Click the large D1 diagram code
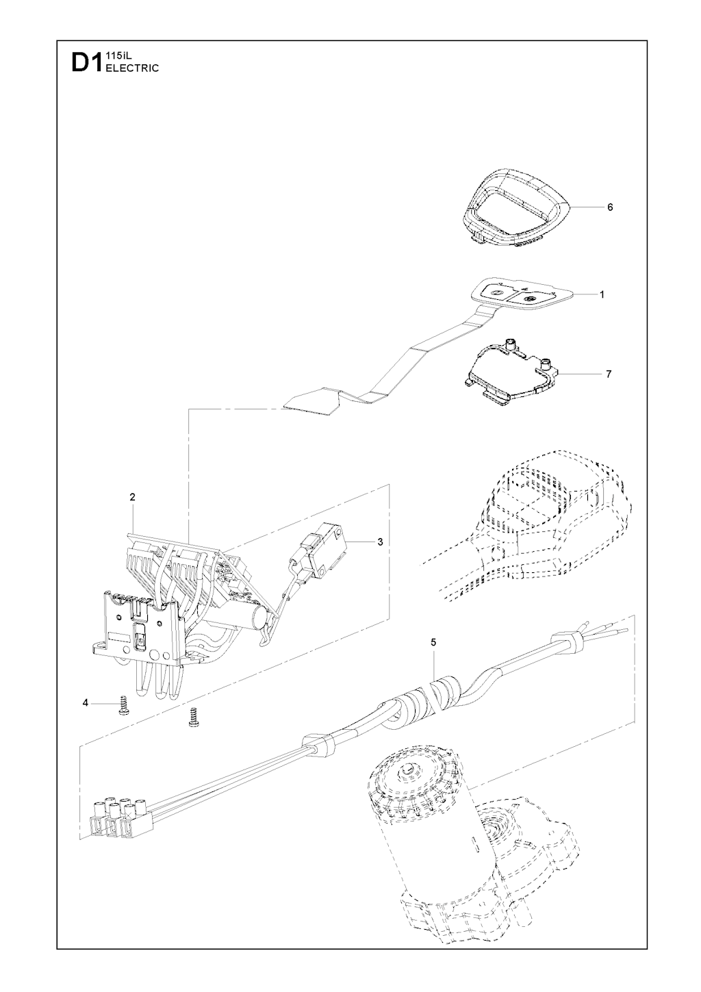(87, 62)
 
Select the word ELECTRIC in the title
(132, 68)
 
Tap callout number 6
(610, 207)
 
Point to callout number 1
(602, 294)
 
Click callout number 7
(609, 374)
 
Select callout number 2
(132, 497)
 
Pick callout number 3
(380, 542)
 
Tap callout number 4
(85, 703)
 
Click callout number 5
(433, 641)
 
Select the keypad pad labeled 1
(522, 294)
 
